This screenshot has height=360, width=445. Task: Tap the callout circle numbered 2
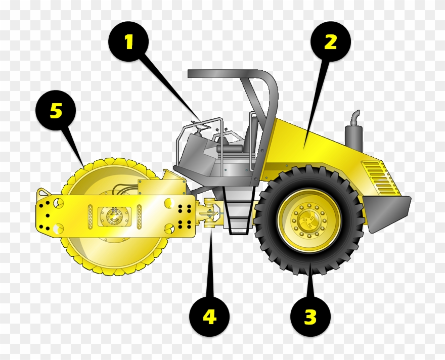(x=330, y=42)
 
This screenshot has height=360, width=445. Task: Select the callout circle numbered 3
(x=310, y=318)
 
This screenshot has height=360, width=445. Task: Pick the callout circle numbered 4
(x=209, y=318)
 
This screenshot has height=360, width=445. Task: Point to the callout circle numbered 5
(x=56, y=111)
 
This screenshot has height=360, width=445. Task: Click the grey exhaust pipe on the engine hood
(x=354, y=132)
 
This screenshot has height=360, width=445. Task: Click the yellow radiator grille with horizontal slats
(x=380, y=178)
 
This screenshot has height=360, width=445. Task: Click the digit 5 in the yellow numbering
(x=56, y=111)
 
